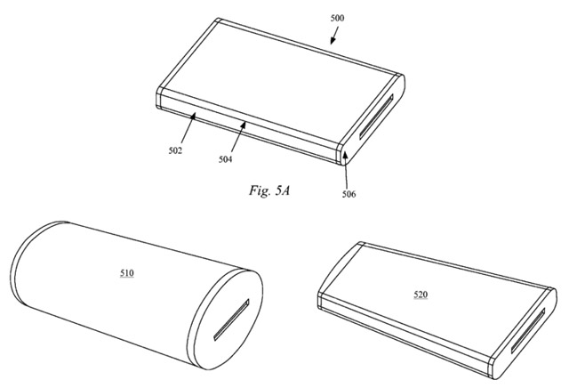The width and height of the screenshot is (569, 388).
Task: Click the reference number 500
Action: click(337, 18)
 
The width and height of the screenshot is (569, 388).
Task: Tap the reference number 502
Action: click(175, 150)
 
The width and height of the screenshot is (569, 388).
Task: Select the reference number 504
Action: click(225, 159)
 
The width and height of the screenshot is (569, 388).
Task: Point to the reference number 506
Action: click(349, 194)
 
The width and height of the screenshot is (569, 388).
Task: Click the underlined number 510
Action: click(127, 273)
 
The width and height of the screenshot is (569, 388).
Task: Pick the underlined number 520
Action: click(421, 295)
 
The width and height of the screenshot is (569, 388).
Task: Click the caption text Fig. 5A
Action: click(269, 190)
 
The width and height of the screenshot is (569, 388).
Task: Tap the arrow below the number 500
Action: click(334, 36)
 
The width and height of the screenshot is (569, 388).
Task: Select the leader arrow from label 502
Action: click(188, 128)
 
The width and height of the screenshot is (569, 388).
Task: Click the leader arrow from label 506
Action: click(346, 170)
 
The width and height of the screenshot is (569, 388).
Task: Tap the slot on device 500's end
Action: click(376, 117)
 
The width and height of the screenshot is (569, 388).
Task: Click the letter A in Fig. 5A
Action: click(285, 190)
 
